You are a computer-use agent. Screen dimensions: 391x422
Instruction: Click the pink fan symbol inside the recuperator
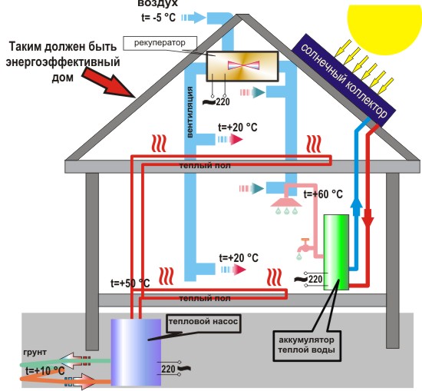[x=243, y=67]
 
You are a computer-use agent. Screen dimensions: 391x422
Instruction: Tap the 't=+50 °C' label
[x=124, y=283]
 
